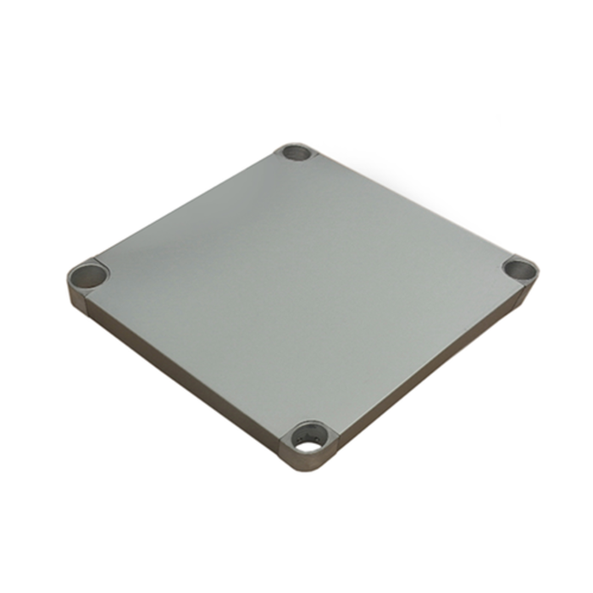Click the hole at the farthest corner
point(297,154)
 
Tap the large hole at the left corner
point(87,274)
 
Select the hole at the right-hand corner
point(519,269)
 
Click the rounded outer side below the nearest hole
point(309,464)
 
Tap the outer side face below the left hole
point(75,299)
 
